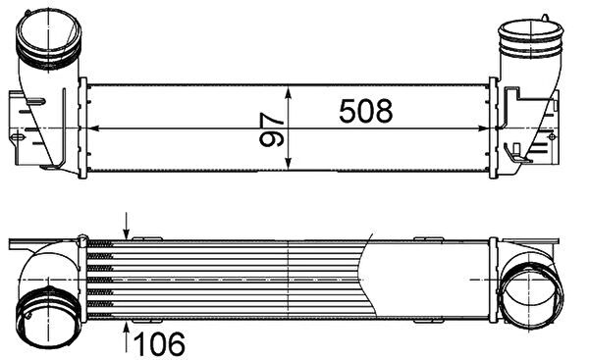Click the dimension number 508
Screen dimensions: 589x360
point(366,111)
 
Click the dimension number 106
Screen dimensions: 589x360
point(159,343)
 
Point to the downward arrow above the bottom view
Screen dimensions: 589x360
point(127,226)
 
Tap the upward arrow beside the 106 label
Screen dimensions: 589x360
point(127,336)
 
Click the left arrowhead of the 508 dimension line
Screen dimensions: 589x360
point(94,129)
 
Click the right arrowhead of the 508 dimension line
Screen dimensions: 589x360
point(480,129)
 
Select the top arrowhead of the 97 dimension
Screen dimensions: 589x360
point(288,92)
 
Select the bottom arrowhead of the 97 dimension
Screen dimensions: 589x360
point(288,163)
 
